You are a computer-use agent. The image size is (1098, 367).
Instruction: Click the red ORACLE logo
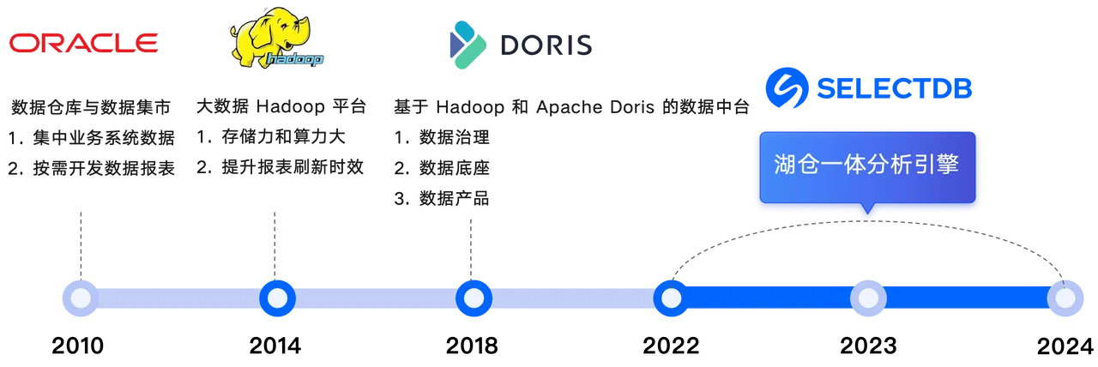coord(83,42)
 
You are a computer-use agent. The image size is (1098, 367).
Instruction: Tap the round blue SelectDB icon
coord(784,88)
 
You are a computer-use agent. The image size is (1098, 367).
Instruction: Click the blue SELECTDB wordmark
coord(894,89)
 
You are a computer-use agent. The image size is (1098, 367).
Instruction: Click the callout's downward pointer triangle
coord(866,211)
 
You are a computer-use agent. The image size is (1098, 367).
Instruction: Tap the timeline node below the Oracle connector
coord(80,298)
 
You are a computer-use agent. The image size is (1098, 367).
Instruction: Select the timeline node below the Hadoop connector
coord(276,298)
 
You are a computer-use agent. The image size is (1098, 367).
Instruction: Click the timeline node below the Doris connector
coord(473,298)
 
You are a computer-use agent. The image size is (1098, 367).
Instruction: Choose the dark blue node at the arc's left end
coord(670,298)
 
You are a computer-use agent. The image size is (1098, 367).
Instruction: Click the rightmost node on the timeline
coord(1065,298)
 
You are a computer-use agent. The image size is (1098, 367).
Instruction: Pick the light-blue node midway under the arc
coord(868,298)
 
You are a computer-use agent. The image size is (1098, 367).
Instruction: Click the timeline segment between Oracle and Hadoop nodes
coord(178,298)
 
